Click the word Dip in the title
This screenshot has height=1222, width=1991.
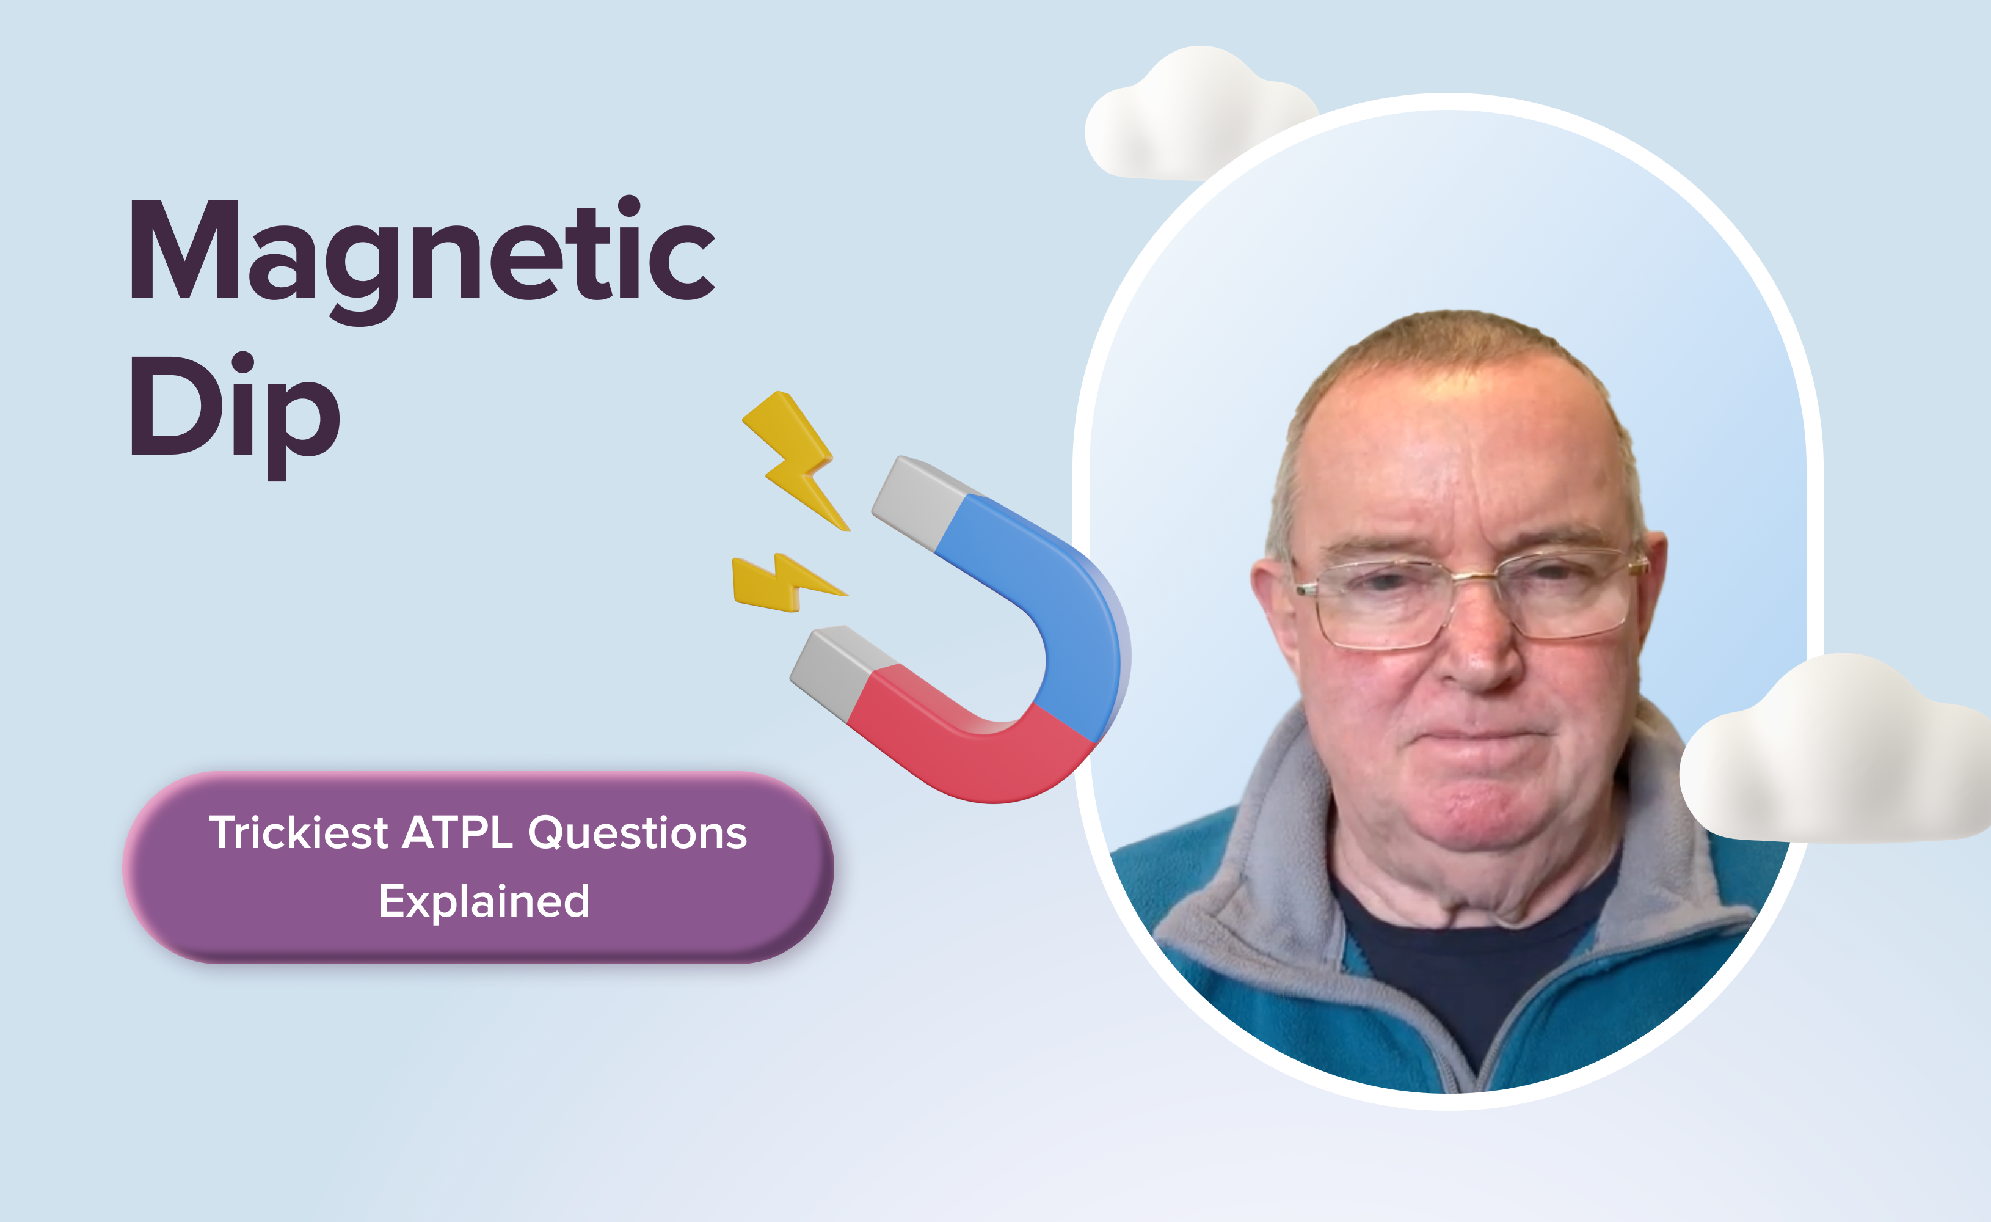[x=235, y=415]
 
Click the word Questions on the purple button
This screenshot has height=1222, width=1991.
[x=638, y=833]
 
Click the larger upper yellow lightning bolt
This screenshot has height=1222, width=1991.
[x=796, y=461]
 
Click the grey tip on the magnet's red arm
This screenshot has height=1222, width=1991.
[x=832, y=671]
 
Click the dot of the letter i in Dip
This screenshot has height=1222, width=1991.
[x=242, y=365]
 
